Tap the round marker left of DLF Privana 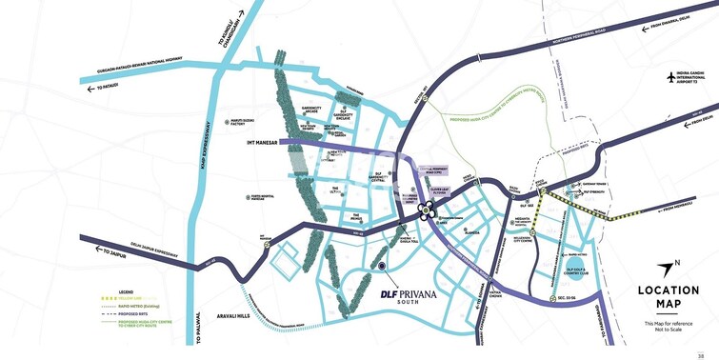click(382, 266)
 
